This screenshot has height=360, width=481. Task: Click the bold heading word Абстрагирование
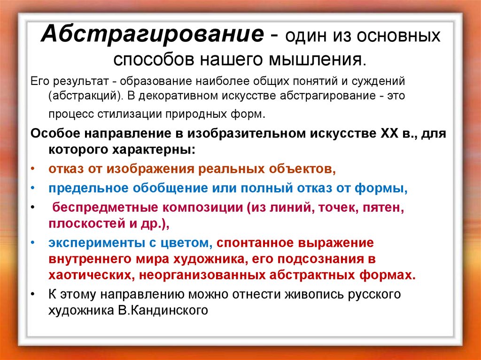[x=153, y=34]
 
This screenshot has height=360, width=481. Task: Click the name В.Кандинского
[x=163, y=310]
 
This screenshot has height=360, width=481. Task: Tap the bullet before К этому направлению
[x=32, y=294]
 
